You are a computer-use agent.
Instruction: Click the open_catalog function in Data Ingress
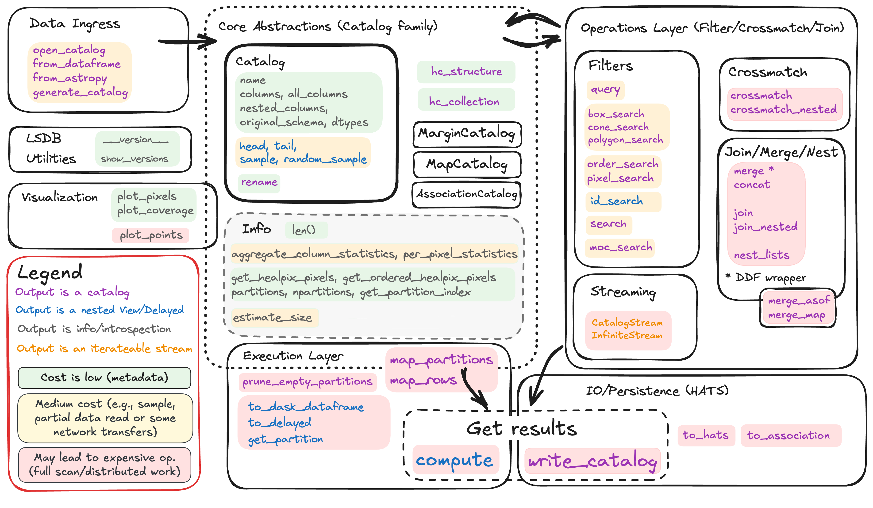pos(69,50)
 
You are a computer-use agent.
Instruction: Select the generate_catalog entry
pos(80,92)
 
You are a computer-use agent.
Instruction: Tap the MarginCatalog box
pos(467,134)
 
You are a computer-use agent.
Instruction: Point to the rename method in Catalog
pos(259,182)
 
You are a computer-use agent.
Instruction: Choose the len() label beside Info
pos(304,230)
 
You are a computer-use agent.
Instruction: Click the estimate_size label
pos(273,317)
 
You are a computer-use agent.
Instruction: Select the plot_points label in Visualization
pos(151,235)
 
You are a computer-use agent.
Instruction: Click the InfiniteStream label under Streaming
pos(627,335)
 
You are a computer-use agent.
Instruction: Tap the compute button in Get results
pos(454,460)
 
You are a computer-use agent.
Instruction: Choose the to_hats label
pos(706,435)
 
